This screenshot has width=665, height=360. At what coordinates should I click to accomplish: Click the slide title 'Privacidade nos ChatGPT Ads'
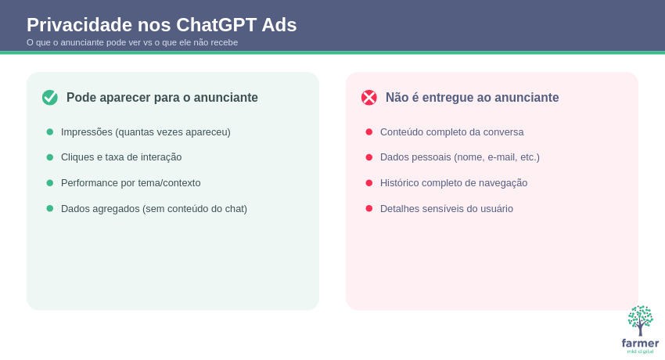[x=162, y=25]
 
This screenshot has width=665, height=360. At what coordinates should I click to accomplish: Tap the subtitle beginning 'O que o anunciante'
[x=132, y=42]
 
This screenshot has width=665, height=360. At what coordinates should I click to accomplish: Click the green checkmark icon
[x=50, y=98]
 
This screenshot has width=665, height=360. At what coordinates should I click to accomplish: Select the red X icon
[x=369, y=98]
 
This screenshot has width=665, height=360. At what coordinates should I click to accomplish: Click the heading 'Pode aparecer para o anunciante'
[x=162, y=98]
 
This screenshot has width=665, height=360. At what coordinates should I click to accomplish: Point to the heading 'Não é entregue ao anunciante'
[x=472, y=98]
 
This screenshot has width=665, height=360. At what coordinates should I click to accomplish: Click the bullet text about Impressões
[x=146, y=132]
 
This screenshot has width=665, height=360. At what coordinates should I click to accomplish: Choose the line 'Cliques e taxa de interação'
[x=121, y=157]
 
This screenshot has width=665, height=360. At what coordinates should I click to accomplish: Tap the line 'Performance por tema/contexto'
[x=131, y=183]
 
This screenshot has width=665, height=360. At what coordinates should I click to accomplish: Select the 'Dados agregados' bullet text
[x=154, y=209]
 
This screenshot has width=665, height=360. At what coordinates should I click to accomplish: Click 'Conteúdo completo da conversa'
[x=451, y=132]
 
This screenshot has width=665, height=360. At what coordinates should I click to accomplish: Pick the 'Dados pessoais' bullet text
[x=460, y=157]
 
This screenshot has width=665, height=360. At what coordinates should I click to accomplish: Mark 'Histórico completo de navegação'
[x=454, y=183]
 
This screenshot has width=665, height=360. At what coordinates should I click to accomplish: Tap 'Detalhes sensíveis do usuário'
[x=447, y=209]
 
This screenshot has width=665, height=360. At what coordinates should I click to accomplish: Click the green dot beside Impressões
[x=50, y=132]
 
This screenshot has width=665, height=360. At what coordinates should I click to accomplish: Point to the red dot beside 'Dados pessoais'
[x=369, y=157]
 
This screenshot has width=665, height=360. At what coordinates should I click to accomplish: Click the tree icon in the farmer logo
[x=640, y=320]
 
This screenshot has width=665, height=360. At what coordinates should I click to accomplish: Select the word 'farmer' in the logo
[x=640, y=344]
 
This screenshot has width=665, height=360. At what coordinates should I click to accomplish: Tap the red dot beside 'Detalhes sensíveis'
[x=369, y=209]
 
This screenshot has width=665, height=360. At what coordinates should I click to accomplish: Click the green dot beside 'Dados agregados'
[x=50, y=209]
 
